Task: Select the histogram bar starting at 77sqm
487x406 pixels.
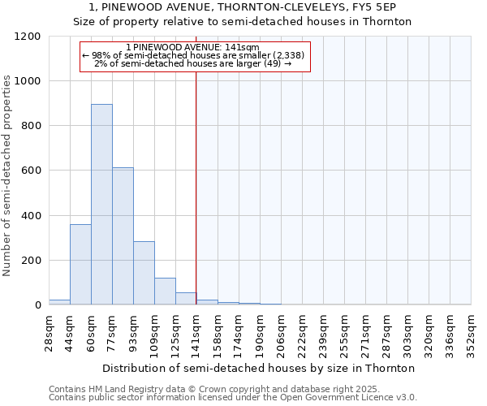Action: coord(123,236)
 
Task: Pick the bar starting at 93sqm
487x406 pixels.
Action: coord(144,273)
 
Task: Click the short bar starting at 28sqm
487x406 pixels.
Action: coord(59,302)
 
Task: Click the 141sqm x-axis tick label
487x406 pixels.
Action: coord(196,331)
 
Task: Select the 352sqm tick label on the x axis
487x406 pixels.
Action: coord(471,331)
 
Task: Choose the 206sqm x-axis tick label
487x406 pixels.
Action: coord(281,331)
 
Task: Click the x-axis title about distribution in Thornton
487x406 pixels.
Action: coord(259,368)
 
